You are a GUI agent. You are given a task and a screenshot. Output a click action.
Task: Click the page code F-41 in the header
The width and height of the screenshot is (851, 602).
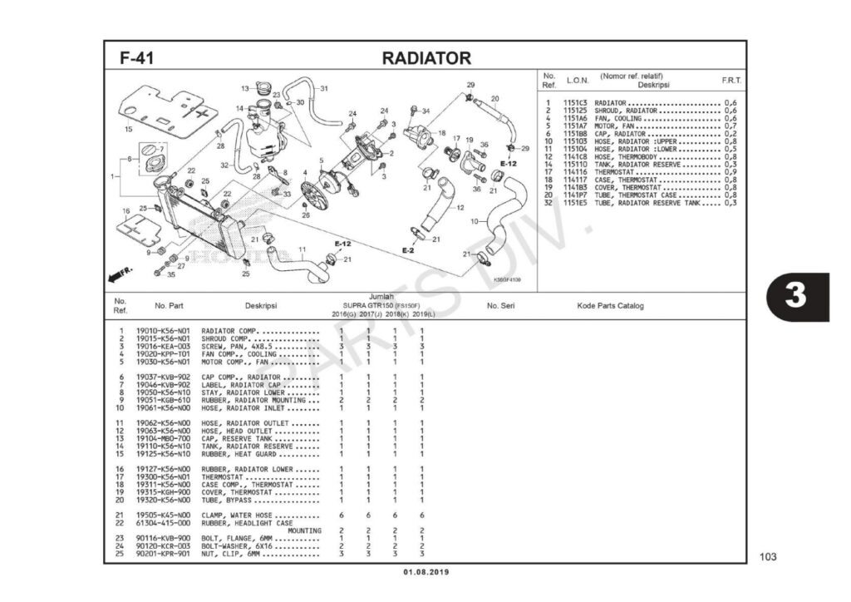click(136, 58)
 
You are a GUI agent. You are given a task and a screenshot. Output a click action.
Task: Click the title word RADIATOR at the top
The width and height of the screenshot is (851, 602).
click(425, 58)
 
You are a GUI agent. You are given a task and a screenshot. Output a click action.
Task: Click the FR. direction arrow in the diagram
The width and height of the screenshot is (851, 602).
click(121, 274)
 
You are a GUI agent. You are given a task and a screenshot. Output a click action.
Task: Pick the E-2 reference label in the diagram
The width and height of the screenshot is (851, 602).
click(408, 250)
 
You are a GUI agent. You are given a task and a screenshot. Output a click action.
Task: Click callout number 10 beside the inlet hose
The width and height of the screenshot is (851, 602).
click(475, 221)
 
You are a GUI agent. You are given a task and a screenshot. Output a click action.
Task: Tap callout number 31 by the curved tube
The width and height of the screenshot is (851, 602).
click(324, 88)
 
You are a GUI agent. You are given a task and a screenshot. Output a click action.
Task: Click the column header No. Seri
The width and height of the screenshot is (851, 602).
click(501, 306)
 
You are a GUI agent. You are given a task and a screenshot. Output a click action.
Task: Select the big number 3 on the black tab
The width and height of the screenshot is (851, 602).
click(795, 296)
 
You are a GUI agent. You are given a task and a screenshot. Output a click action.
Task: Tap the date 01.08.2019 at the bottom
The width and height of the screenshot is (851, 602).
click(425, 572)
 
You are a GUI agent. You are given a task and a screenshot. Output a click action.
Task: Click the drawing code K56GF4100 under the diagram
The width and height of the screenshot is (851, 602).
click(507, 280)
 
